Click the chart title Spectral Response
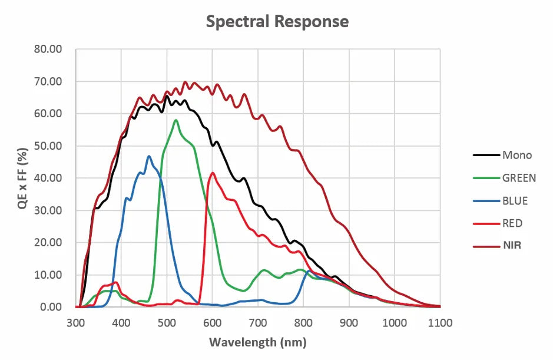(x=277, y=22)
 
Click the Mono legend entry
(x=516, y=156)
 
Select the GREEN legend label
(x=519, y=178)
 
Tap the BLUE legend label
(x=515, y=201)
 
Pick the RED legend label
(x=512, y=223)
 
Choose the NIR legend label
(x=512, y=246)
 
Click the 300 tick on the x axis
(x=75, y=323)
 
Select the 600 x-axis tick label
(x=212, y=323)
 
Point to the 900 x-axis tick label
(x=349, y=323)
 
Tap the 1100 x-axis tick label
(x=440, y=323)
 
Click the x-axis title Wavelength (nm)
(x=257, y=342)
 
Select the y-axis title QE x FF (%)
(x=22, y=178)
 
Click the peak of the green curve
(x=175, y=120)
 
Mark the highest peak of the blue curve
(x=149, y=156)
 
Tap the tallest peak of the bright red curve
(x=213, y=173)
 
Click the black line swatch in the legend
(x=485, y=156)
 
